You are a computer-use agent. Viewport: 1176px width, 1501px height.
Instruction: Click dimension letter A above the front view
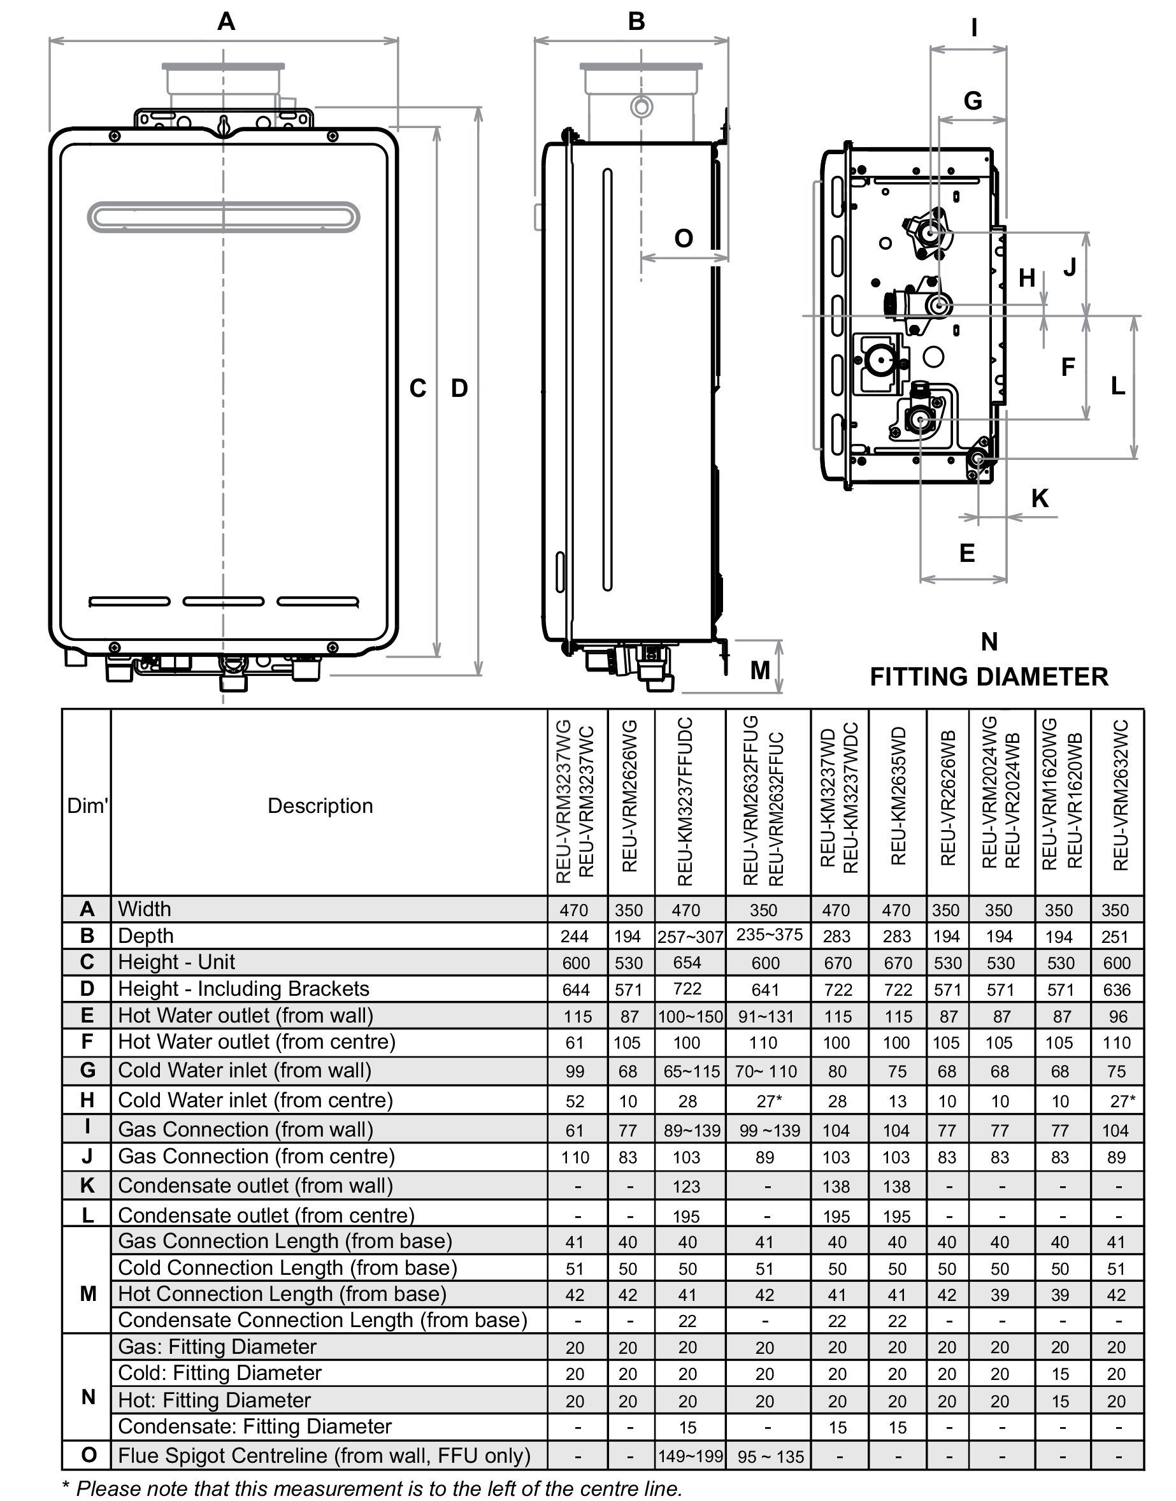coord(226,22)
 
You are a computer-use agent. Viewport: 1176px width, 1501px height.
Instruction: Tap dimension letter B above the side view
coord(636,22)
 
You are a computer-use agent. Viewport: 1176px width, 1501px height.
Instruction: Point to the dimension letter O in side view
coord(683,238)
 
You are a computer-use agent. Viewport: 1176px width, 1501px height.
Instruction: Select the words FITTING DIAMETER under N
coord(989,677)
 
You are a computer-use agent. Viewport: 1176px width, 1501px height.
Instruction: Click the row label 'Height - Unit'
coord(176,962)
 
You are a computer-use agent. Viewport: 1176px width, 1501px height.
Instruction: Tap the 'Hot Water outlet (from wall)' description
coord(245,1016)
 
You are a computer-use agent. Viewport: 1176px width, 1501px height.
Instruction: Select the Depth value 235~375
coord(769,935)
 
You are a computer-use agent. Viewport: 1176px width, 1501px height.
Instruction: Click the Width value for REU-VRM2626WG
coord(629,910)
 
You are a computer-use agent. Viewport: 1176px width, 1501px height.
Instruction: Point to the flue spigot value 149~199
coord(690,1456)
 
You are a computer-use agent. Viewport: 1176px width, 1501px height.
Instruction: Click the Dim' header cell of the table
coord(87,805)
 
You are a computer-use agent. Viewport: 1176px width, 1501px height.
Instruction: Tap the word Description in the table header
coord(320,805)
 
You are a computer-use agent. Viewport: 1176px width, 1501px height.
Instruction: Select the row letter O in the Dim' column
coord(88,1455)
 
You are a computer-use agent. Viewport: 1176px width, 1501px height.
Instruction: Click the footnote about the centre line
coord(372,1488)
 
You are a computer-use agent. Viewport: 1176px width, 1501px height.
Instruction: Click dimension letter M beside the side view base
coord(759,670)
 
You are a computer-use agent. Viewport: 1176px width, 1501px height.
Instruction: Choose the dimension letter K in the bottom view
coord(1040,498)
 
